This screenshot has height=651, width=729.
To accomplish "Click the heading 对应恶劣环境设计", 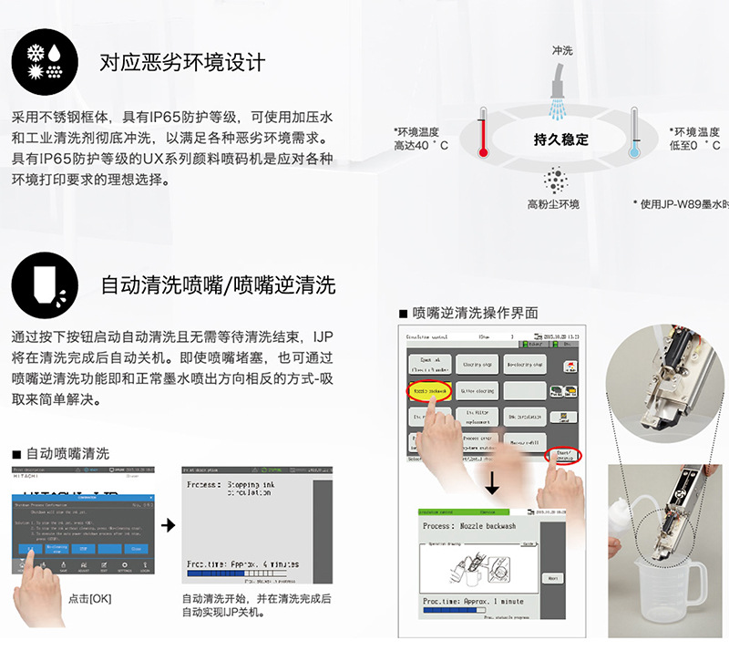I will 182,63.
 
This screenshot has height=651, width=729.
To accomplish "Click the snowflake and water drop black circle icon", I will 44,63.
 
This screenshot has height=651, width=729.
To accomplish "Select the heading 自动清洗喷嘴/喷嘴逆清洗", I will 218,285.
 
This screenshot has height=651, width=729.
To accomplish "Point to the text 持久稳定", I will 560,139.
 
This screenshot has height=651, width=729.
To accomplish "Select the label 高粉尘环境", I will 553,204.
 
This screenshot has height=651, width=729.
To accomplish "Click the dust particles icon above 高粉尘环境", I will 554,179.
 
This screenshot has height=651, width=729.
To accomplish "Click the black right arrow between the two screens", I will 167,526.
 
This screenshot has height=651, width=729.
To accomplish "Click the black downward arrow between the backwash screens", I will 493,481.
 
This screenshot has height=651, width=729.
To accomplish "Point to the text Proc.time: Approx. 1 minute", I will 474,602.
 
